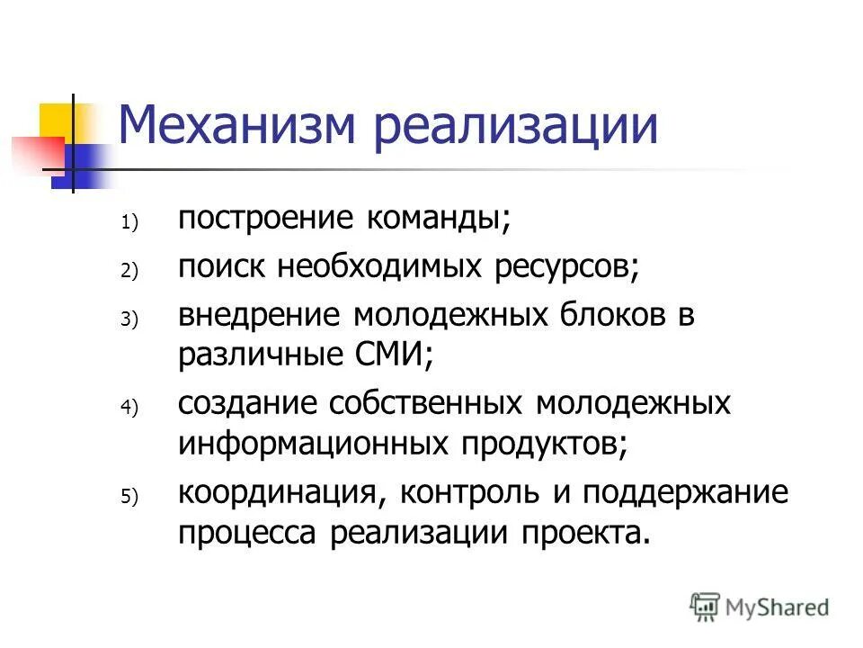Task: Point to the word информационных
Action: [x=314, y=442]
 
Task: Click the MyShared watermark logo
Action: [x=759, y=607]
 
